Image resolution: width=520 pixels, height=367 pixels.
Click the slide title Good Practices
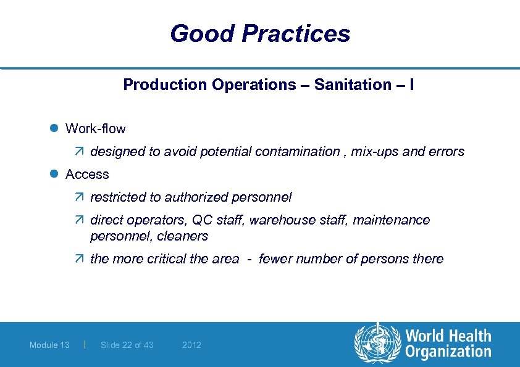point(260,33)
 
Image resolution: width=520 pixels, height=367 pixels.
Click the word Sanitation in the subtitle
point(347,85)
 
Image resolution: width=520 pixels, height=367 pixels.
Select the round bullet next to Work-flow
point(54,129)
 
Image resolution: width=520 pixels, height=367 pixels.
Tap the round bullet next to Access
point(54,175)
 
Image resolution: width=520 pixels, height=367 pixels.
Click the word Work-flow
point(95,129)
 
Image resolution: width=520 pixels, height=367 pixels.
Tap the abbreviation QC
point(202,220)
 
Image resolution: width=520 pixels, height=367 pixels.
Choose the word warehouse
point(282,220)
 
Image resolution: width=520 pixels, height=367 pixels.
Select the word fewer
point(275,259)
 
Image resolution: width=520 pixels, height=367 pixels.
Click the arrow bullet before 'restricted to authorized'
point(82,197)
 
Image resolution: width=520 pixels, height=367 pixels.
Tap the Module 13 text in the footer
point(49,345)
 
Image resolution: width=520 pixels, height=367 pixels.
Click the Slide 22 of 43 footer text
point(127,345)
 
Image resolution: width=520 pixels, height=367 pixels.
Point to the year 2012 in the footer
point(191,345)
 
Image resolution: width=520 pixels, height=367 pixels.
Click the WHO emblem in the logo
point(376,344)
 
